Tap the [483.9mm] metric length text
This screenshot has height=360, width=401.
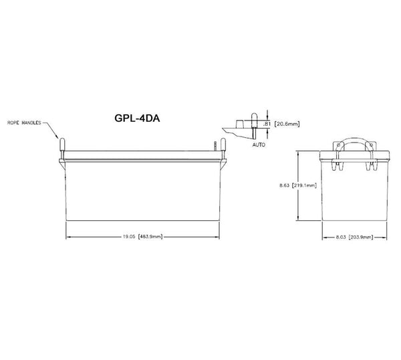(x=150, y=236)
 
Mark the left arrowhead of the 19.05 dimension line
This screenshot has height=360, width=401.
(x=67, y=236)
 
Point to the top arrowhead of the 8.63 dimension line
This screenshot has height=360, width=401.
(x=299, y=153)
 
